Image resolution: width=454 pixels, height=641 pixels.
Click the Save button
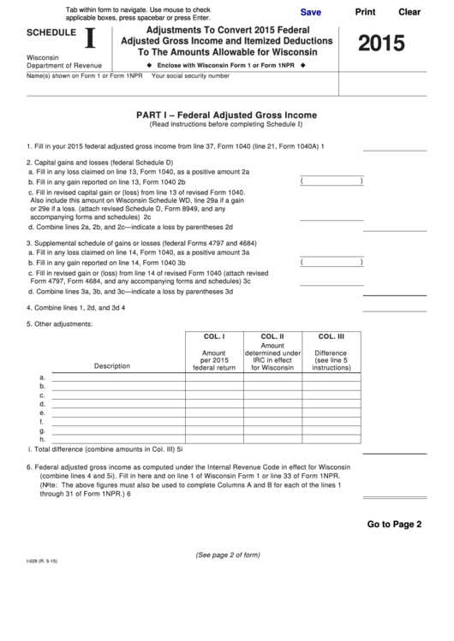pos(311,13)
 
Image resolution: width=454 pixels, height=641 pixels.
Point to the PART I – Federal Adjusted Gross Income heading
pos(226,115)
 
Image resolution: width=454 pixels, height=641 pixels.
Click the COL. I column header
pos(213,336)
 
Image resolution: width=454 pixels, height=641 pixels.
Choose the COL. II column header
pos(272,336)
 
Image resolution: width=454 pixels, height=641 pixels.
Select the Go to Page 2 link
pos(395,525)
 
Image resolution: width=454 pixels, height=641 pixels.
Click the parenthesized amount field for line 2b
pos(332,181)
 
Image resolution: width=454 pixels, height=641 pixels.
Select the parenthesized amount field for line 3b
pos(332,263)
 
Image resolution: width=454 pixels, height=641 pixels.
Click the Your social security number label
pos(190,76)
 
